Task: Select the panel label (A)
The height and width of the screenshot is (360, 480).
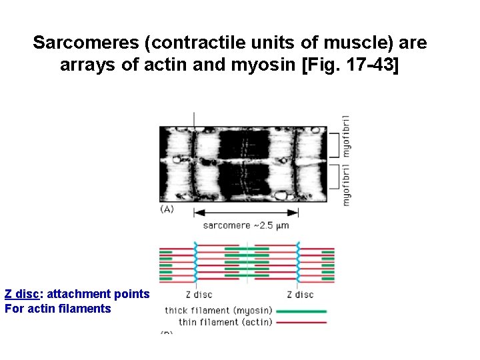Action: pyautogui.click(x=167, y=209)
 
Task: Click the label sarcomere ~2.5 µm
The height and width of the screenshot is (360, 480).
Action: pyautogui.click(x=245, y=225)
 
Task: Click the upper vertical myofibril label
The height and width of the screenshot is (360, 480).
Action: pyautogui.click(x=346, y=137)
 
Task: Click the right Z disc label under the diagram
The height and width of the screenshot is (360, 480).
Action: pyautogui.click(x=299, y=294)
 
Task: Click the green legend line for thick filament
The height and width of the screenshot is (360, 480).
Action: pyautogui.click(x=302, y=311)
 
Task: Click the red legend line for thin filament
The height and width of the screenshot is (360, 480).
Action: pyautogui.click(x=302, y=323)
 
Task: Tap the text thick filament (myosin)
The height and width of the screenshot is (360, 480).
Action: pyautogui.click(x=219, y=310)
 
